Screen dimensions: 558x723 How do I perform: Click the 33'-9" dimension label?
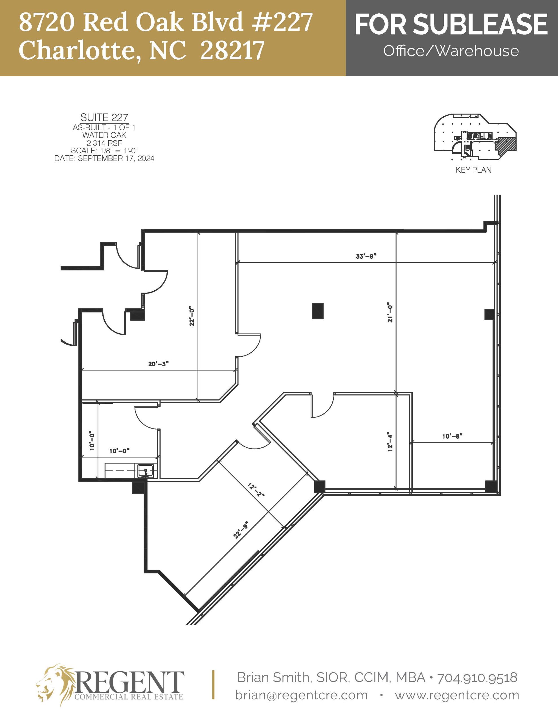(x=366, y=256)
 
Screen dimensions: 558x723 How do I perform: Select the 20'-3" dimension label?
(x=159, y=364)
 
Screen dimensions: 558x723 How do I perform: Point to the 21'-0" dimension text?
(x=390, y=312)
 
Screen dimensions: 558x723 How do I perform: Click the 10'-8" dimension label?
(x=452, y=436)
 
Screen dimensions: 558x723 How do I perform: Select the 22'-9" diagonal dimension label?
(x=240, y=530)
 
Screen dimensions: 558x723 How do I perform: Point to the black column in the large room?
(x=318, y=311)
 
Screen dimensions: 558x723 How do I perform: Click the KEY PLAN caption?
(x=473, y=170)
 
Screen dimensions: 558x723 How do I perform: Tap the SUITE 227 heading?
(x=104, y=117)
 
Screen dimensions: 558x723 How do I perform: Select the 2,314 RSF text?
(x=104, y=143)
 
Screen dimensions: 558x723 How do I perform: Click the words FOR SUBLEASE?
(x=451, y=24)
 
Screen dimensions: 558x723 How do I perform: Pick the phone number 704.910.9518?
(x=477, y=678)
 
